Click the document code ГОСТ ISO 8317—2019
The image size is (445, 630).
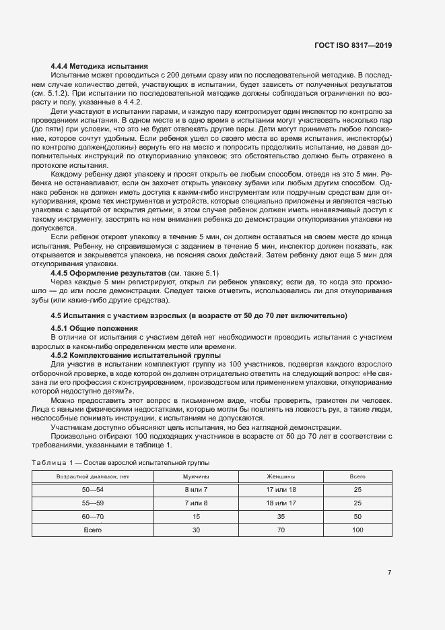(x=353, y=46)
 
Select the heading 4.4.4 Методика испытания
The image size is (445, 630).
(x=99, y=66)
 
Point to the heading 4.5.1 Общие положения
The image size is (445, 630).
(x=94, y=328)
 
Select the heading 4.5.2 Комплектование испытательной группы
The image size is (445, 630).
(x=135, y=355)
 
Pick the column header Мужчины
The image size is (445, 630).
(x=197, y=476)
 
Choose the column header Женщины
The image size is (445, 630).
(x=281, y=476)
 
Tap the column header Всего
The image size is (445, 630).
(x=357, y=476)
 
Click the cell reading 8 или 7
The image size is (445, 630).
(x=197, y=490)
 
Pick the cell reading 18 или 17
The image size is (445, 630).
(x=281, y=503)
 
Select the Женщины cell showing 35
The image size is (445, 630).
(x=281, y=517)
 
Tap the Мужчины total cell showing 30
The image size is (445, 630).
(x=197, y=530)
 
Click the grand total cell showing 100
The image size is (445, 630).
(x=357, y=530)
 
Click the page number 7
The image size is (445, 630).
(x=390, y=573)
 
